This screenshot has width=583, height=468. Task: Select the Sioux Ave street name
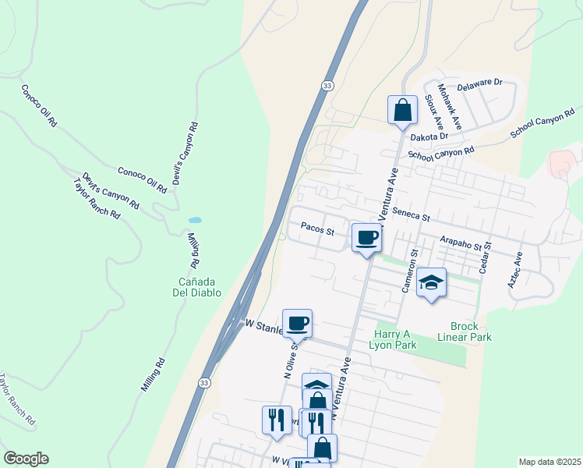tap(434, 112)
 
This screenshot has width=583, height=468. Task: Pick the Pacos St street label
tap(318, 231)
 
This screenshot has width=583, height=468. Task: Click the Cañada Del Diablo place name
tap(197, 287)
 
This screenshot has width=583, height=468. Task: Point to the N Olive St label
tap(290, 358)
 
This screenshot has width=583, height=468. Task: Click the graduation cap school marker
tap(431, 282)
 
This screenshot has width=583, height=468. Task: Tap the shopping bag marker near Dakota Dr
tap(402, 109)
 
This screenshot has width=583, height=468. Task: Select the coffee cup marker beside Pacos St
tap(366, 237)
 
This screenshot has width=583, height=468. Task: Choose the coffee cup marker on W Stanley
tap(297, 322)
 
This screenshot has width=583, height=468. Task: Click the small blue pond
tap(195, 221)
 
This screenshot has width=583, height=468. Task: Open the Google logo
tap(26, 459)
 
